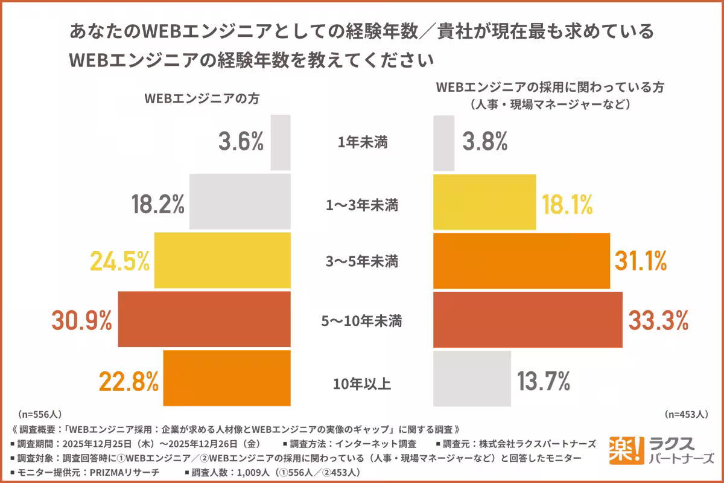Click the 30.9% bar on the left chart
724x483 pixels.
click(x=205, y=319)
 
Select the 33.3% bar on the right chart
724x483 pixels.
click(x=528, y=319)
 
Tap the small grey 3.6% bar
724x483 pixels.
click(x=281, y=142)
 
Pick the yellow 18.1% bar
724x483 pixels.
click(x=484, y=202)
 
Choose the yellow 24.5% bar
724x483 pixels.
click(x=223, y=261)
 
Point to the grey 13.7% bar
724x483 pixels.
click(x=472, y=379)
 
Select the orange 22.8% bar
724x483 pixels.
click(x=227, y=379)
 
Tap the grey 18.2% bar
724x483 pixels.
click(x=240, y=202)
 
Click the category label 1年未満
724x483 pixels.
click(x=363, y=144)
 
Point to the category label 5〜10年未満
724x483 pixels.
click(x=363, y=321)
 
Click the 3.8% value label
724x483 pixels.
click(x=484, y=142)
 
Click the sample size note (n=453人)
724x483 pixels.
click(x=686, y=415)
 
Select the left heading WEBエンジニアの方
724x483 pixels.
click(x=202, y=100)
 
